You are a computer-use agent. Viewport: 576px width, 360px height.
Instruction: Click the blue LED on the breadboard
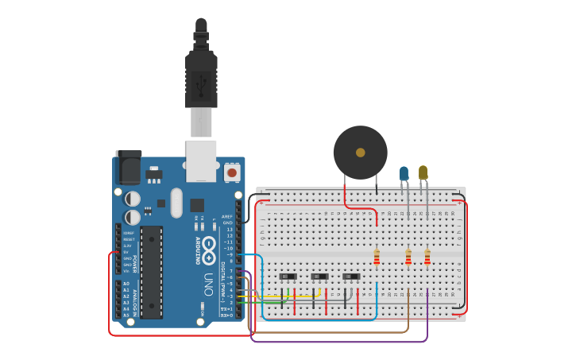coord(404,172)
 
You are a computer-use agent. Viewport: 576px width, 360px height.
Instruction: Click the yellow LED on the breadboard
coord(423,172)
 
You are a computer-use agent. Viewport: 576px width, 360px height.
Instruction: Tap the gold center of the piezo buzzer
coord(361,152)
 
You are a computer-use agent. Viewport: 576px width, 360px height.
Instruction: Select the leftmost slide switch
coord(288,277)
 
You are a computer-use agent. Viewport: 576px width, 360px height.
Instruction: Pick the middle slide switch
coord(319,277)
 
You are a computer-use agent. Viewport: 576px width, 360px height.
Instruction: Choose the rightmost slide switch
coord(351,277)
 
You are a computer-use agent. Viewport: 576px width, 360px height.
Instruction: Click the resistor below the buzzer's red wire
coord(377,257)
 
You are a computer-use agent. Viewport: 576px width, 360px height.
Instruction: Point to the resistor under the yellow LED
coord(427,257)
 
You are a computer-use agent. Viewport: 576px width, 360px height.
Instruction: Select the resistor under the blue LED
coord(408,257)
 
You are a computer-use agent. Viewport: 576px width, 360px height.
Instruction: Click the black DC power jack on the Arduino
coord(128,168)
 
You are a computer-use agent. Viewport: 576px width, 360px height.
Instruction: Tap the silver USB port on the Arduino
coord(201,156)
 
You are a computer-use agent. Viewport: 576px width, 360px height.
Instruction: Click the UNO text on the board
coord(208,284)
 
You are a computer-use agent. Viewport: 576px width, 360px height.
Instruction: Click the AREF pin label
coord(227,216)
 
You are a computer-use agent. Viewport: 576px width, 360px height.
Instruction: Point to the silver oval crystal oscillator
coord(176,202)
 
